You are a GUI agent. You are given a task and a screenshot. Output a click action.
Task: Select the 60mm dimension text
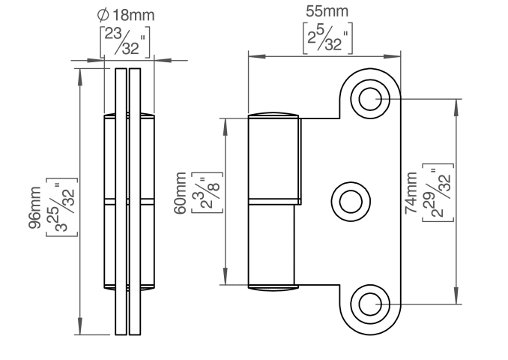click(181, 196)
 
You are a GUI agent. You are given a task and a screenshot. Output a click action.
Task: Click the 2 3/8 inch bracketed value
click(201, 197)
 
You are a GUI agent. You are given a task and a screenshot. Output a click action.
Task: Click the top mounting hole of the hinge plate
click(371, 97)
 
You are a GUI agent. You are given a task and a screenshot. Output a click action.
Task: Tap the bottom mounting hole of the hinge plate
click(371, 304)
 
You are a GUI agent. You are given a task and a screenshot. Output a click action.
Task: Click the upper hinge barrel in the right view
click(274, 159)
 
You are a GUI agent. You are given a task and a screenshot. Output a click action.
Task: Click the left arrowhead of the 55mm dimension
click(252, 55)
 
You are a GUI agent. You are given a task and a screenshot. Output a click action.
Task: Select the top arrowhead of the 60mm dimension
click(225, 121)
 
